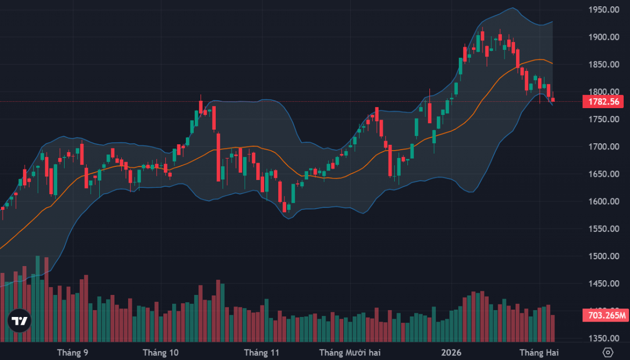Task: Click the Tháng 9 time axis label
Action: pos(72,353)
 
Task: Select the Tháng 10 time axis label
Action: pos(161,353)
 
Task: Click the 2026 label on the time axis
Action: pos(451,353)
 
